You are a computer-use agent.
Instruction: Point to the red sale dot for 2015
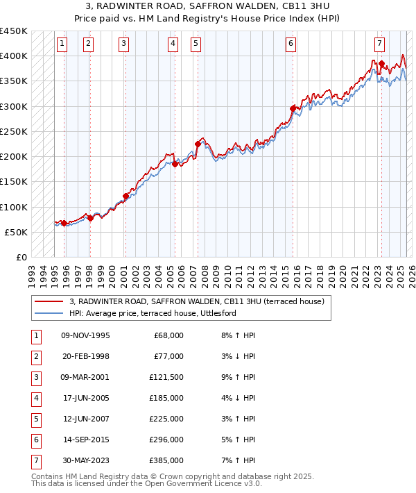(x=293, y=108)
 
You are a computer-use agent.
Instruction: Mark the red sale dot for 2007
(x=198, y=144)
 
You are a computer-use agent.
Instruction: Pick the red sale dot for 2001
(x=125, y=196)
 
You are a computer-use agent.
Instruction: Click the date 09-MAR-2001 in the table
(x=85, y=378)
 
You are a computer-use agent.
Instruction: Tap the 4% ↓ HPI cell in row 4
(x=238, y=399)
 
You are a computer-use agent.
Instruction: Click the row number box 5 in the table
(x=35, y=419)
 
